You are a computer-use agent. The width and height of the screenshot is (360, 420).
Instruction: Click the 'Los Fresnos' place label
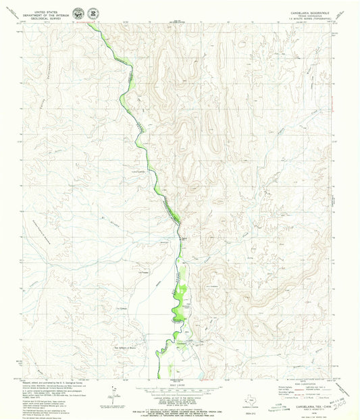[x=143, y=272]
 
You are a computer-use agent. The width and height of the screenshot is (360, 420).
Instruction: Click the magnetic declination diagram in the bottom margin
[x=119, y=378]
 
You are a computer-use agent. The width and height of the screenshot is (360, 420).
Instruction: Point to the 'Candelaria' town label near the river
[x=184, y=238]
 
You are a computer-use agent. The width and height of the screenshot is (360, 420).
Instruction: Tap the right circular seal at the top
[x=92, y=13]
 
